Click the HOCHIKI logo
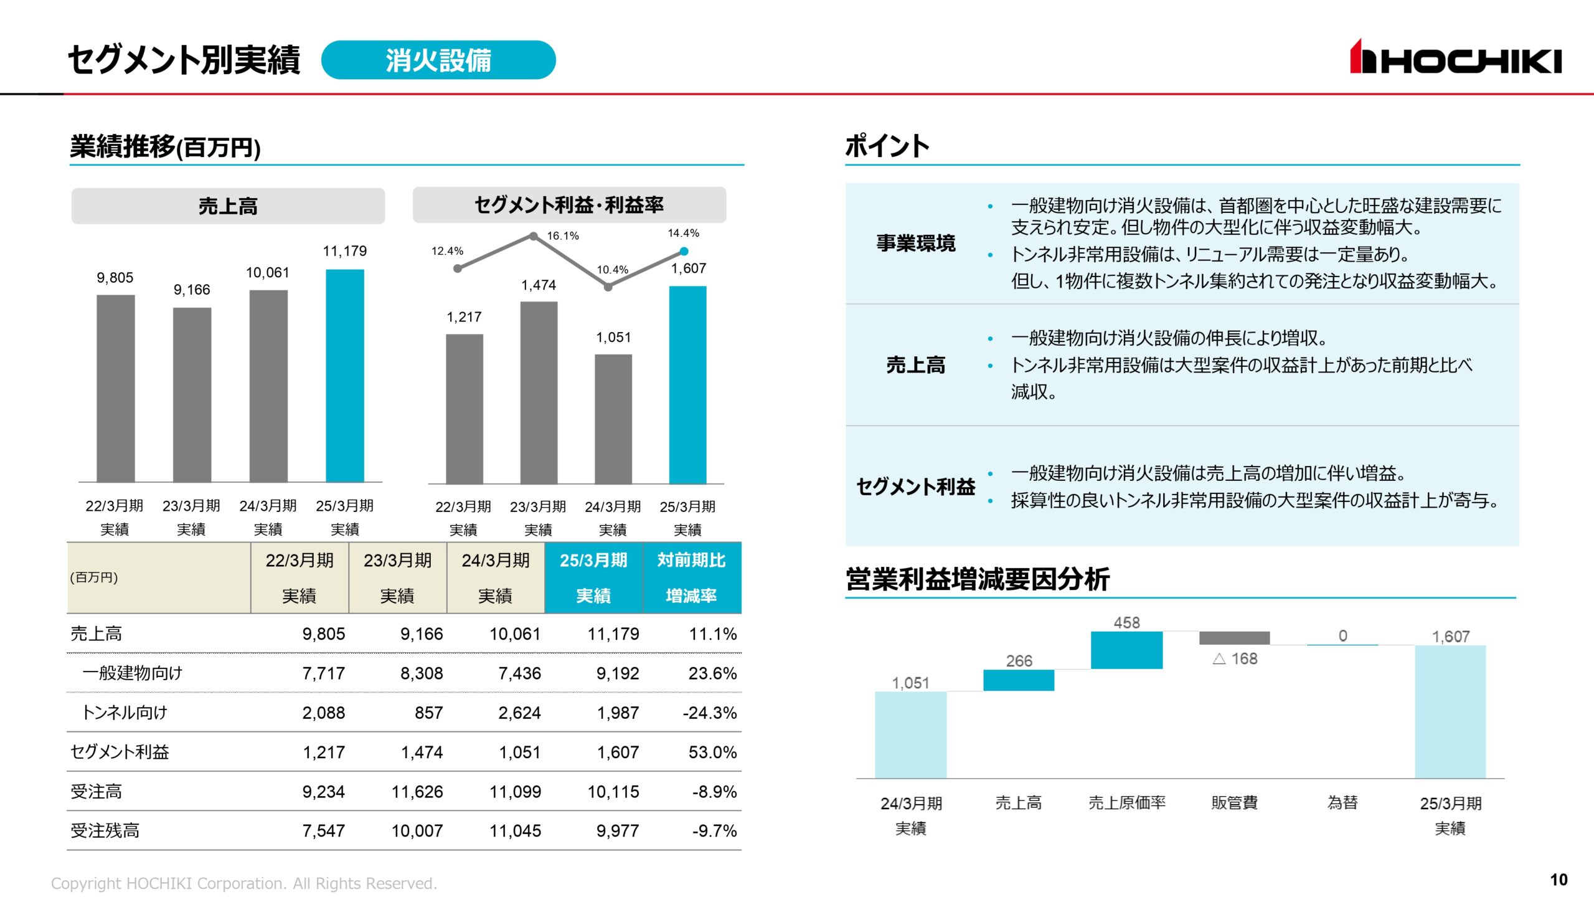(1455, 57)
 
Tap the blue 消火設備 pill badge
(438, 60)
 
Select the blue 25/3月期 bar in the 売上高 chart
(345, 376)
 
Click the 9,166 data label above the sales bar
(192, 290)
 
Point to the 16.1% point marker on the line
(534, 236)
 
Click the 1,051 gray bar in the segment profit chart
(613, 419)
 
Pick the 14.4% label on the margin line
(683, 234)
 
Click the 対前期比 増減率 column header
(691, 577)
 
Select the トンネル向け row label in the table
(125, 712)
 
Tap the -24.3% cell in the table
(709, 713)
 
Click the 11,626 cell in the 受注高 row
(417, 792)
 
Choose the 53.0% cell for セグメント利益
(712, 752)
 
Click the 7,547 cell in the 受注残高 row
(323, 831)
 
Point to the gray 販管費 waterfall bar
(1234, 638)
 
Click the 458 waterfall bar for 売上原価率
(1126, 650)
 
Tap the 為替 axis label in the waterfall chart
(1342, 802)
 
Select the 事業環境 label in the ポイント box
(915, 243)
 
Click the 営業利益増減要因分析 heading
(977, 579)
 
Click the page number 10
(1558, 880)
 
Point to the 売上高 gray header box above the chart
(228, 206)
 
